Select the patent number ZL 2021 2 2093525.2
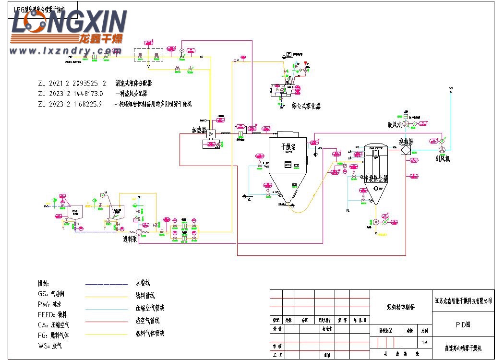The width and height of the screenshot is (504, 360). (x=72, y=83)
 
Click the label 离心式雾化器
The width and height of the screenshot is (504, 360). (x=305, y=106)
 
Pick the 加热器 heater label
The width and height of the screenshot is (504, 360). (x=199, y=130)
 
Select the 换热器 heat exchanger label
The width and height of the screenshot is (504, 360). (x=406, y=142)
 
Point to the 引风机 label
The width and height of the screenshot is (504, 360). (x=442, y=159)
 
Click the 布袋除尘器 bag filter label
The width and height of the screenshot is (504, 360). (x=375, y=178)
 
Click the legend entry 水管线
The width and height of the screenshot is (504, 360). (x=144, y=283)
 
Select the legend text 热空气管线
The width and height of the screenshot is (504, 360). (x=147, y=321)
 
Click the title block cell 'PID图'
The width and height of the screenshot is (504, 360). (x=463, y=324)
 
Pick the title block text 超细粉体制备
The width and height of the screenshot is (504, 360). (x=400, y=307)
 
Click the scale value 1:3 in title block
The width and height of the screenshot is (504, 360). (x=424, y=343)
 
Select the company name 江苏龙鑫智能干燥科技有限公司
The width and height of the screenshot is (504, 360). (x=463, y=301)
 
